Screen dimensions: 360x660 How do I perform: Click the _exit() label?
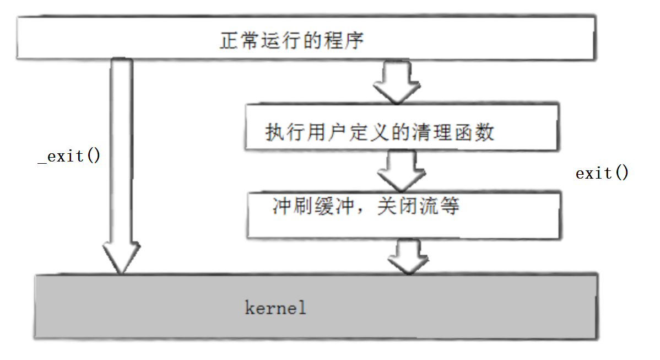pos(69,157)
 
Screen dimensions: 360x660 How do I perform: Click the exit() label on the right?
pos(602,174)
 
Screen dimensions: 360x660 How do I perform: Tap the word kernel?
pos(275,308)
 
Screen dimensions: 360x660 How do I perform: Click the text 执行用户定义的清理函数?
pos(380,133)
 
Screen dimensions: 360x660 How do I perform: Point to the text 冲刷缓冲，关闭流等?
pos(366,206)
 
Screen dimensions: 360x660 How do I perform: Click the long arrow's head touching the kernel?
pos(121,259)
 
